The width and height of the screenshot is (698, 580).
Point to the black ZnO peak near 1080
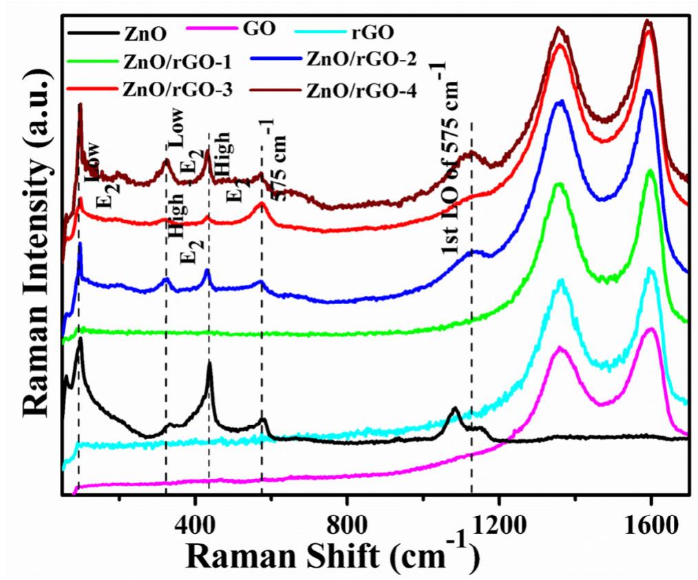[x=454, y=409]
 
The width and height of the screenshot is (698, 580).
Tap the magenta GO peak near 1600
[x=650, y=330]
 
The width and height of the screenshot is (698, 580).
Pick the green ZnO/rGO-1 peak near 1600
[x=650, y=171]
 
